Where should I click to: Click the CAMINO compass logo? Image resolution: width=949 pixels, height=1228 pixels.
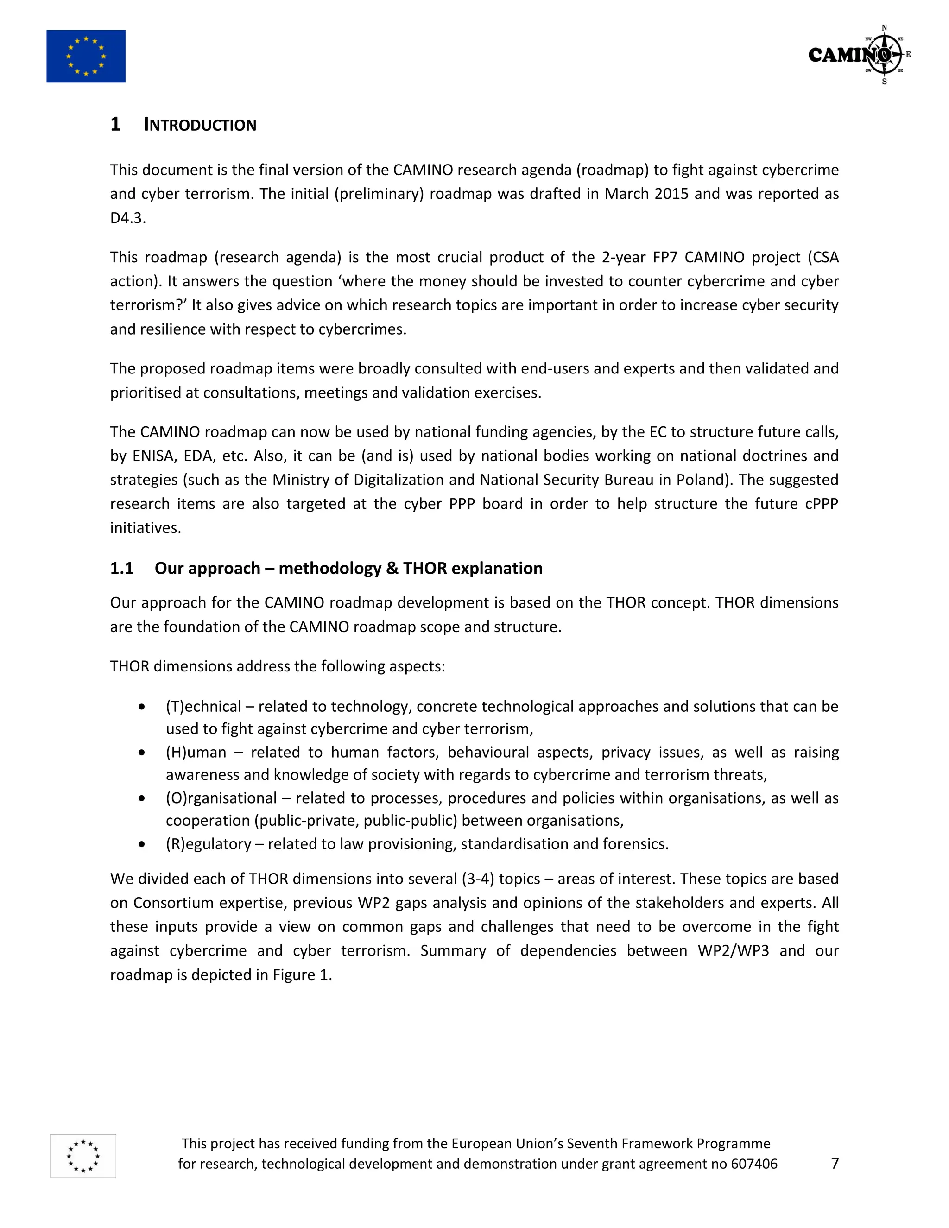pyautogui.click(x=859, y=55)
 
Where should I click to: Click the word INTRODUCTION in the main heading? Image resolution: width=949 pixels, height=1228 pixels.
pyautogui.click(x=200, y=125)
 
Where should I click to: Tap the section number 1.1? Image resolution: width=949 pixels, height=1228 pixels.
pyautogui.click(x=121, y=569)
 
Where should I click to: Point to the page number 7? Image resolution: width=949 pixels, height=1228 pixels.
pyautogui.click(x=835, y=1163)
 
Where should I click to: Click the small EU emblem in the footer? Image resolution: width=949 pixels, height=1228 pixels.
pyautogui.click(x=83, y=1156)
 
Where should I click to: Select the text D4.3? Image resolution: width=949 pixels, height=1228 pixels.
pyautogui.click(x=127, y=218)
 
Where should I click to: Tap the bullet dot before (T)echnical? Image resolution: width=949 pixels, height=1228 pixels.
pyautogui.click(x=142, y=707)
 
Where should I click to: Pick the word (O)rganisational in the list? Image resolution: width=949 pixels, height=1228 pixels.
pyautogui.click(x=221, y=798)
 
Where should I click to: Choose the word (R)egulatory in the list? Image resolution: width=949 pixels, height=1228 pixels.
pyautogui.click(x=208, y=844)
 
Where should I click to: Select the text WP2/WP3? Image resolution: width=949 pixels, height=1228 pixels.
pyautogui.click(x=733, y=951)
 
